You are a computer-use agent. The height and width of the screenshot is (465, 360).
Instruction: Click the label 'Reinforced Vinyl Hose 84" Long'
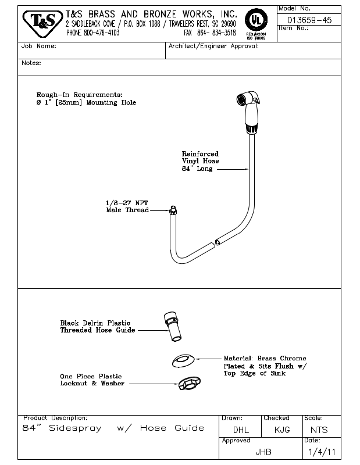(201, 162)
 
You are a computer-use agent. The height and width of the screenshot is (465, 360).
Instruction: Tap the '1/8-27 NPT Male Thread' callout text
(127, 206)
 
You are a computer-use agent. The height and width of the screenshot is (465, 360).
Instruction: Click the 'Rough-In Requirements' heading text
(80, 94)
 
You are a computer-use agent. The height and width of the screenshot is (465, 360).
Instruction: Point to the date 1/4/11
(319, 451)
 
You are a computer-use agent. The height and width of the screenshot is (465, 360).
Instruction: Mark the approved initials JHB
(263, 451)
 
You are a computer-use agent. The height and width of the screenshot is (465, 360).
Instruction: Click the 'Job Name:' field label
(39, 46)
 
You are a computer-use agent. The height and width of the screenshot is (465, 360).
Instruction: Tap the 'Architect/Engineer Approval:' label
(213, 46)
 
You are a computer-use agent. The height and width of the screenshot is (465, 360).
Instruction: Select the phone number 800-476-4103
(93, 33)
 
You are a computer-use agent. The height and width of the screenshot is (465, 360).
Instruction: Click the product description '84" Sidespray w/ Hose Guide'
(113, 428)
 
